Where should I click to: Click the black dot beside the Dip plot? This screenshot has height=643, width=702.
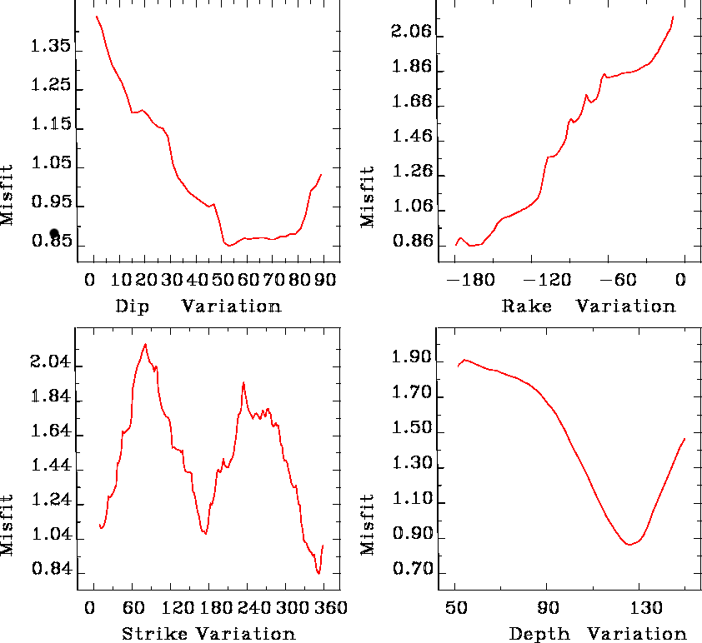tap(54, 234)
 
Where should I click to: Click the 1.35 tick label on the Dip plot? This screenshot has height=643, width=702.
tap(48, 47)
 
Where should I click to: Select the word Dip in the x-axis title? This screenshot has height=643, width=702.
tap(133, 306)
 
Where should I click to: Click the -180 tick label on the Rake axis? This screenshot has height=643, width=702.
tap(471, 281)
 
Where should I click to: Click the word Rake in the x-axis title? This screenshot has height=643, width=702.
tap(527, 306)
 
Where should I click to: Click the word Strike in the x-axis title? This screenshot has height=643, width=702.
tap(157, 634)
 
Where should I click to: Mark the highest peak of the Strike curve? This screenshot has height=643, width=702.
tap(145, 344)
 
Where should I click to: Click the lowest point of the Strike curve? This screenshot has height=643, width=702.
tap(318, 573)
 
